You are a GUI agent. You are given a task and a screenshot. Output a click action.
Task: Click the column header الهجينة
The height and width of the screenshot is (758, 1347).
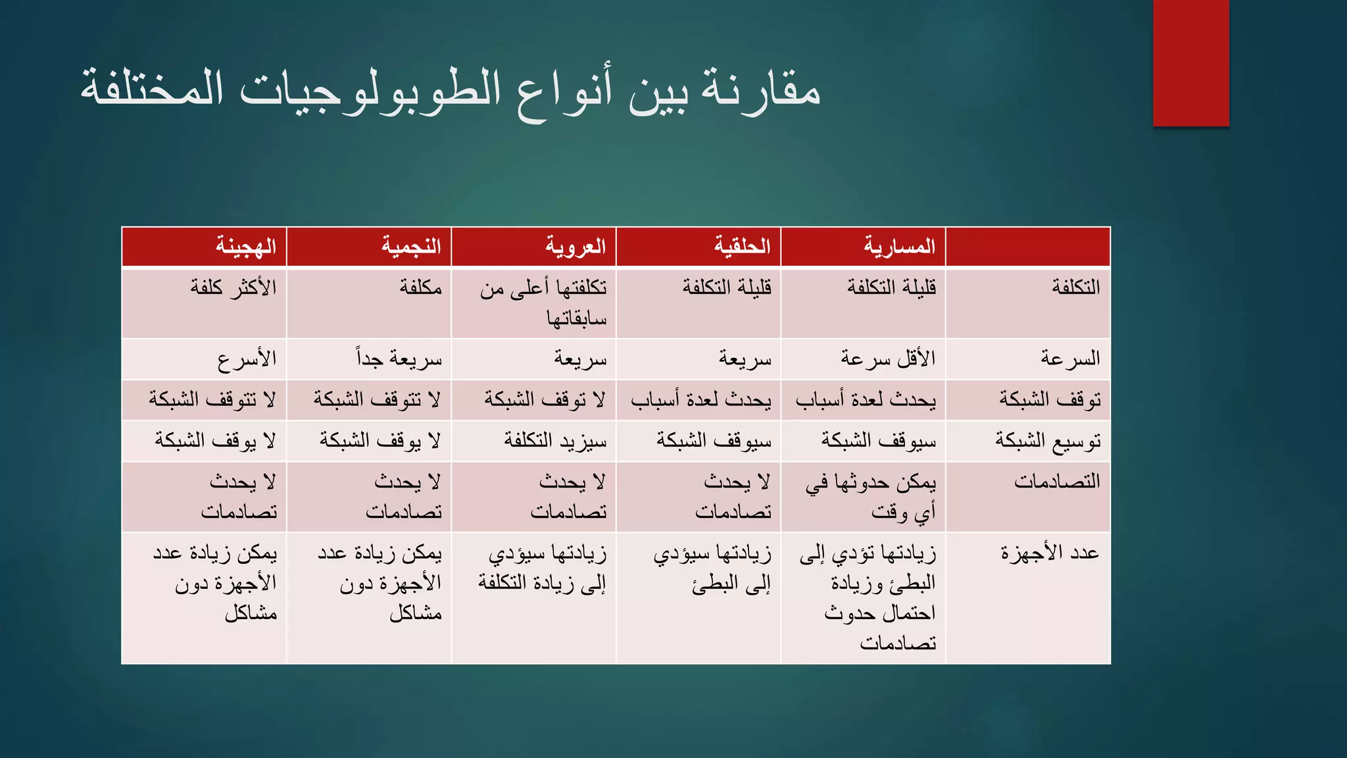coord(246,247)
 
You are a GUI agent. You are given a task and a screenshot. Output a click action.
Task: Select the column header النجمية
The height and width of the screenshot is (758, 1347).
coord(412,247)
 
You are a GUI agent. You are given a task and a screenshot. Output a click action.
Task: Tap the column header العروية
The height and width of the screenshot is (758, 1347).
coord(576,247)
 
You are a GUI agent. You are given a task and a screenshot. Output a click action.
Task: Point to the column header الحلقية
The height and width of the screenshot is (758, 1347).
coord(743,247)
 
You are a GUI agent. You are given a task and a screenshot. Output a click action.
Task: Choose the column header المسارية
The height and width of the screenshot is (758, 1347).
coord(899,247)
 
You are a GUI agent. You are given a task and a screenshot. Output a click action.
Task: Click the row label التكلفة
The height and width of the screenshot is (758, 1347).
coord(1075,288)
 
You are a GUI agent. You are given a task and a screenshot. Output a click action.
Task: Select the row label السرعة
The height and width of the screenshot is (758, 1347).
coord(1070,359)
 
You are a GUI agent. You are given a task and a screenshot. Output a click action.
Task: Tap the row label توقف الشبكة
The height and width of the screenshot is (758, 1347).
coord(1050,399)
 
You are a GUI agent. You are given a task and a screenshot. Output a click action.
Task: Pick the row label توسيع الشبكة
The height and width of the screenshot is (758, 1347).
coord(1048,440)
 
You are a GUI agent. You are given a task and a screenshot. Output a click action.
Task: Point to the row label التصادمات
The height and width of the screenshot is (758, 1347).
coord(1057,482)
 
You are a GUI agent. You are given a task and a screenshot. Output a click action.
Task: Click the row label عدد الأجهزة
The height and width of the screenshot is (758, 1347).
coord(1050,553)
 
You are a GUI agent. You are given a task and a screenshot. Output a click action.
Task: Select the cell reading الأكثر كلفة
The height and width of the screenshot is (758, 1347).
coord(233,288)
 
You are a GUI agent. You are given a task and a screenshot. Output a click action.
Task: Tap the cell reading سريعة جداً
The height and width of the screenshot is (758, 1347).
coord(399,359)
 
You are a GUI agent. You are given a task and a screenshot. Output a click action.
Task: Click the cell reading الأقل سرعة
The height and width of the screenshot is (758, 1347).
coord(888,359)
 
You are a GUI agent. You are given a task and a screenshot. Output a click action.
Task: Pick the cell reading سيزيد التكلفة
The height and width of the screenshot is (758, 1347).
coord(556,440)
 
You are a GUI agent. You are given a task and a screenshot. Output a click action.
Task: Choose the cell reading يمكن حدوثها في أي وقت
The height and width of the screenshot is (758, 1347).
coord(871,497)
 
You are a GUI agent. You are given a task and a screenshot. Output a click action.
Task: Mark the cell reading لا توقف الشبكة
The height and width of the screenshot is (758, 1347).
coord(545,399)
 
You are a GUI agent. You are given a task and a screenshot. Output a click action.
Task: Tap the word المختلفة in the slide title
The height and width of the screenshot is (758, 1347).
coord(152,89)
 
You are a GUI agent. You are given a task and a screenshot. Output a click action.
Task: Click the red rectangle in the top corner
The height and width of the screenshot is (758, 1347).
coord(1190,63)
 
